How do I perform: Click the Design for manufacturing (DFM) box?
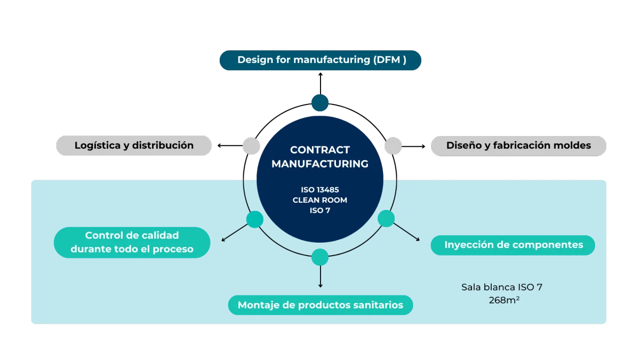click(321, 60)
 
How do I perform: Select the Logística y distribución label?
click(134, 146)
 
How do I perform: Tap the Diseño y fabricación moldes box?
click(518, 146)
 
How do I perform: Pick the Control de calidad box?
click(132, 242)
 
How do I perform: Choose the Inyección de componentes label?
click(513, 245)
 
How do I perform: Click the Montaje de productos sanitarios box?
click(321, 305)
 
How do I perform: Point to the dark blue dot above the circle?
click(320, 102)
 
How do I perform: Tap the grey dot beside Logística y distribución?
click(251, 146)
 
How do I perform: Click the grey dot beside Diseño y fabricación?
click(393, 146)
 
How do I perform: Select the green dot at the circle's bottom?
click(320, 257)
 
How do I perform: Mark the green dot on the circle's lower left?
click(255, 219)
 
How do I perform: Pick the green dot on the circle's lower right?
click(386, 219)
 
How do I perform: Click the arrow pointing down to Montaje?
click(320, 277)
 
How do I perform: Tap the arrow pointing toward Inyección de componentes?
click(407, 232)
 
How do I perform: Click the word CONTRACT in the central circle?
click(320, 150)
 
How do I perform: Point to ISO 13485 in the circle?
click(320, 189)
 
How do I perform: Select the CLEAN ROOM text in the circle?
click(320, 200)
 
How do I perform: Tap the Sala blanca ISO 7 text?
click(502, 287)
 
